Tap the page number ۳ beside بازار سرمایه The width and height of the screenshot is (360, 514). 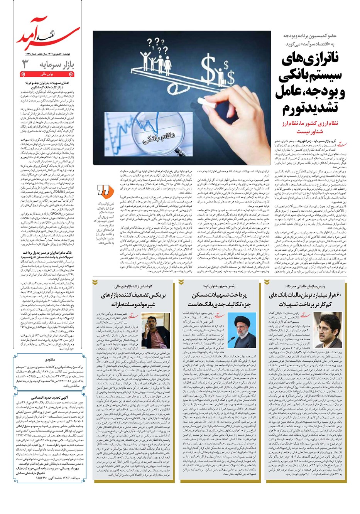coord(25,63)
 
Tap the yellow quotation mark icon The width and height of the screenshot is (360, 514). coord(103,190)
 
